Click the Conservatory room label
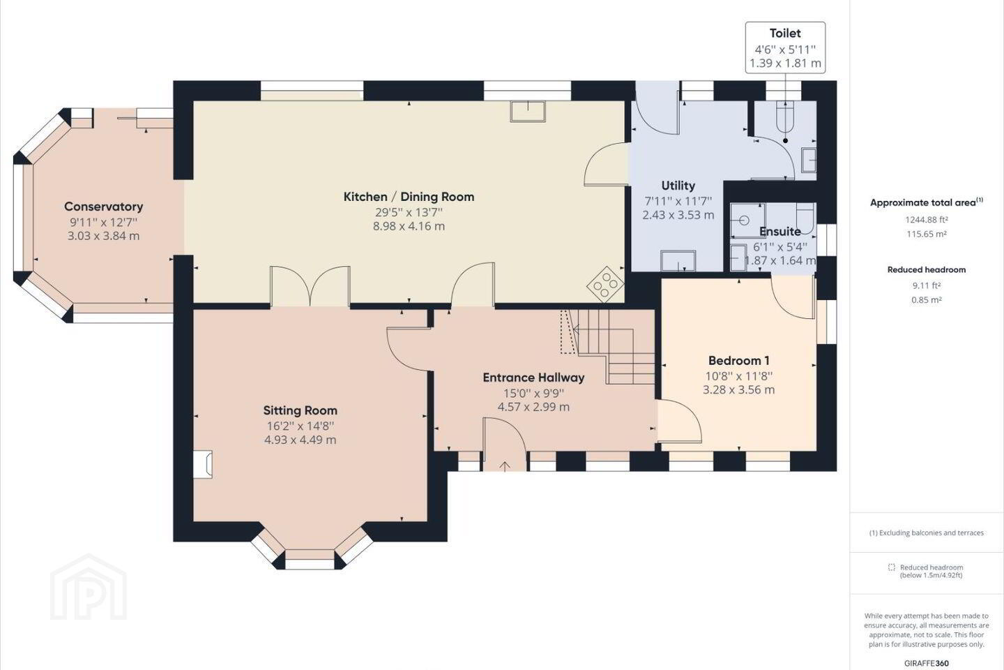pyautogui.click(x=103, y=207)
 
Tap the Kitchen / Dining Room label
pyautogui.click(x=409, y=197)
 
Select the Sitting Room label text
pyautogui.click(x=301, y=410)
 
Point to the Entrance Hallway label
pyautogui.click(x=533, y=378)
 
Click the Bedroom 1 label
pyautogui.click(x=738, y=360)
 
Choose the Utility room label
pyautogui.click(x=678, y=186)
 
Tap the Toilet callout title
pyautogui.click(x=785, y=33)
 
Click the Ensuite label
pyautogui.click(x=780, y=232)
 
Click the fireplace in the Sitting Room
pyautogui.click(x=203, y=465)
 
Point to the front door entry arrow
pyautogui.click(x=505, y=466)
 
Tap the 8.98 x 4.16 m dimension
pyautogui.click(x=409, y=226)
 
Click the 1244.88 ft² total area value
pyautogui.click(x=927, y=219)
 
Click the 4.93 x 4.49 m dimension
pyautogui.click(x=301, y=440)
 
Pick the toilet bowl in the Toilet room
pyautogui.click(x=785, y=117)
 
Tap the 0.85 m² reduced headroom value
pyautogui.click(x=927, y=300)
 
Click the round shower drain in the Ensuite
pyautogui.click(x=744, y=221)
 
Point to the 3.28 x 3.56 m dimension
pyautogui.click(x=738, y=389)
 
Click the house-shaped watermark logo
pyautogui.click(x=89, y=587)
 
